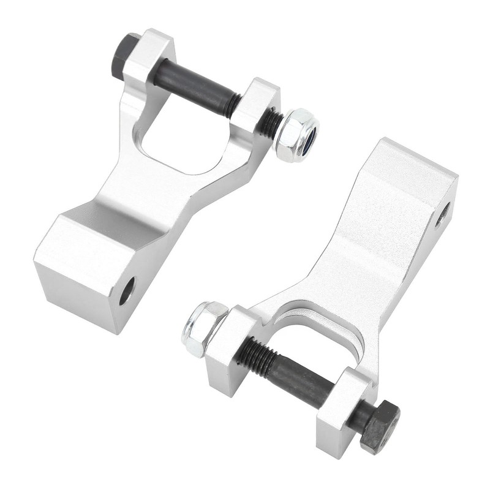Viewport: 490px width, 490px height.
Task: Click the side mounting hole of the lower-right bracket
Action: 442,214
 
